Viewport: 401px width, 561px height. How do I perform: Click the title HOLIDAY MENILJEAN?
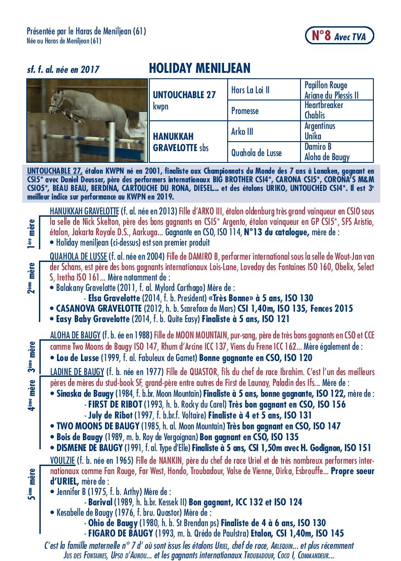click(199, 68)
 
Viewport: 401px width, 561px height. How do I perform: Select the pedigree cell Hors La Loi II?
click(250, 90)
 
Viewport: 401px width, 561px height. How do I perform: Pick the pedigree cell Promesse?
click(245, 111)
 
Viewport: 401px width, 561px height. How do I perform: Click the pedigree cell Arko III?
click(242, 132)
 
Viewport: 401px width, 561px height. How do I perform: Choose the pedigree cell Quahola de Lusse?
click(256, 152)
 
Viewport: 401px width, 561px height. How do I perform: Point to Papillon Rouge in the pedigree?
click(326, 85)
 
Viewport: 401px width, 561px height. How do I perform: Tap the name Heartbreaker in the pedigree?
click(324, 105)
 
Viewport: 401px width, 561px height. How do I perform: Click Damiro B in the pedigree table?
click(318, 147)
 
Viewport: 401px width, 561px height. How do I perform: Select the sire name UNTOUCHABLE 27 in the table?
click(184, 95)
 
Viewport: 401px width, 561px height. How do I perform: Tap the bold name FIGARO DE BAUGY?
click(120, 533)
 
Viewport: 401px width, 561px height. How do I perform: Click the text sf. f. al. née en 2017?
click(63, 70)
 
